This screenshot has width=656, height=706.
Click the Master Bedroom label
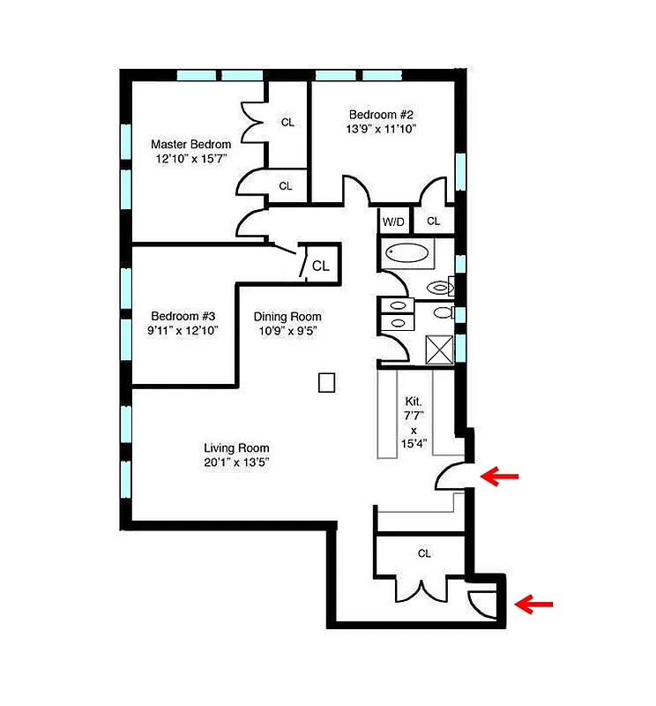tap(190, 144)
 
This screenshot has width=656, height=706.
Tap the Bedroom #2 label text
tap(381, 115)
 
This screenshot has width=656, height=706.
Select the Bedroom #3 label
tap(183, 316)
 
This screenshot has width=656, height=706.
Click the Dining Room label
tap(287, 317)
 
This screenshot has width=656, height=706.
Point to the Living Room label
tap(236, 447)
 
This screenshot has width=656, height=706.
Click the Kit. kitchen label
tap(413, 401)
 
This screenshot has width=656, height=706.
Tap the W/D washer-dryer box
tap(393, 222)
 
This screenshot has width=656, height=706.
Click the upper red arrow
tap(500, 477)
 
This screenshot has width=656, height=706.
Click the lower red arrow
tap(533, 605)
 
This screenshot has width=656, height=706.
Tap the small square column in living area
tap(326, 382)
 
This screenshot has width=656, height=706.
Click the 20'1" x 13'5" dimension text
tap(236, 462)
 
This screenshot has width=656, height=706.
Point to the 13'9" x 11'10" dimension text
tap(381, 129)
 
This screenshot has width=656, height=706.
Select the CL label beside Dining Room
tap(321, 266)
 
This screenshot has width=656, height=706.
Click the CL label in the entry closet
tap(424, 553)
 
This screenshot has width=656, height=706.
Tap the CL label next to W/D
tap(433, 222)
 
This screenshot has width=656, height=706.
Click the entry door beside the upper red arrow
tap(455, 477)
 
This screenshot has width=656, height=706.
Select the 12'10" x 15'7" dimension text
tap(190, 159)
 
